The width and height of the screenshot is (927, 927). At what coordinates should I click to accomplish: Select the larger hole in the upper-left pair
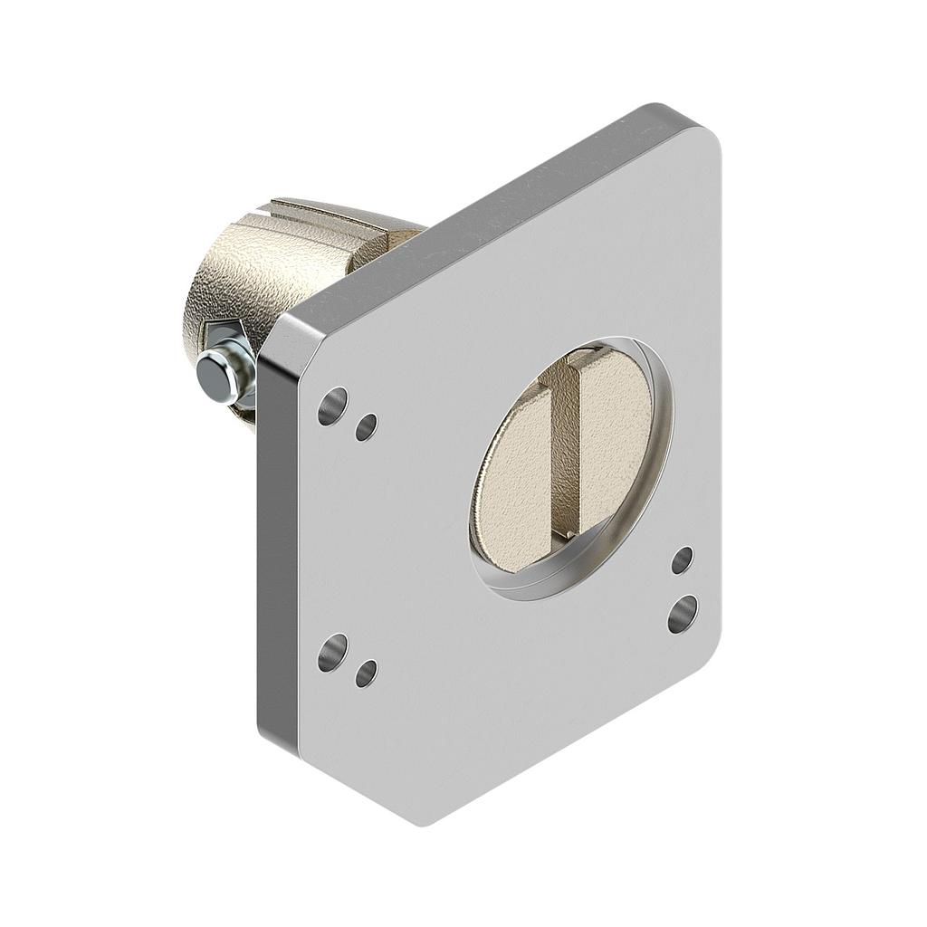coord(332,406)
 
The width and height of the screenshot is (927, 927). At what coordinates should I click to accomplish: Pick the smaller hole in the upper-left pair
coord(367,426)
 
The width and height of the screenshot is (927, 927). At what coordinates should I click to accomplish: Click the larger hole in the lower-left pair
coord(332,652)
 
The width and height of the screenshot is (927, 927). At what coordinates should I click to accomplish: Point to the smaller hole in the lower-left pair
coord(367,673)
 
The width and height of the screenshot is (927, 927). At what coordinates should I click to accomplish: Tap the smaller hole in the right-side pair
coord(682,560)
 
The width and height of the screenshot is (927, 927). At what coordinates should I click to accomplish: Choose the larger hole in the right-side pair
coord(682,614)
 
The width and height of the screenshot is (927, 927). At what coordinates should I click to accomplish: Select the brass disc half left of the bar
coord(514,480)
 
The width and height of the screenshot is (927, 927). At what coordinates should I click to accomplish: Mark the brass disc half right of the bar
coord(616,435)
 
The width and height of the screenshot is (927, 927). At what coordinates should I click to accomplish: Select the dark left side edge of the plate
coord(269,543)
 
